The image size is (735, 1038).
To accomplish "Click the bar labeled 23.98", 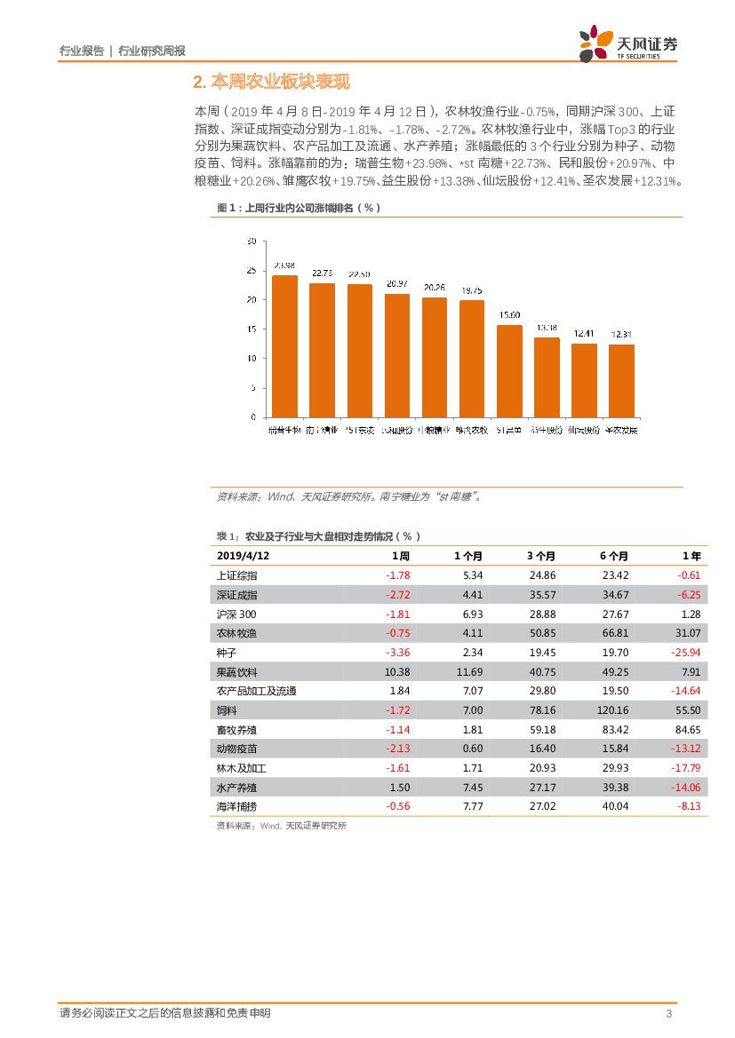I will point(284,345).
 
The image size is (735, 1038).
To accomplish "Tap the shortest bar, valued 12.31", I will point(621,380).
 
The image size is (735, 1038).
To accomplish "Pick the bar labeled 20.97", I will point(396,354).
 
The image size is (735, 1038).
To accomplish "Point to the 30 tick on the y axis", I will point(252,242).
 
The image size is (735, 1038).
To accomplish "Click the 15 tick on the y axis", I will point(252,329).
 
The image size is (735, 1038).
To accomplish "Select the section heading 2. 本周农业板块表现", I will point(271,83).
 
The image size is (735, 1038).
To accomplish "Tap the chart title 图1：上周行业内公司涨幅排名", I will point(299,208).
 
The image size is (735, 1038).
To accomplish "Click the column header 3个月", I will point(540,555).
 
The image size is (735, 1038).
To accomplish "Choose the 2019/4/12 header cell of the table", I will point(243,555).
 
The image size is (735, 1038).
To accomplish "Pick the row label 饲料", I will point(227,710).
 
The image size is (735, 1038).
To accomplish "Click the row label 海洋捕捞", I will point(236,806).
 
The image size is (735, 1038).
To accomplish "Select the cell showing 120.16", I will point(612,710).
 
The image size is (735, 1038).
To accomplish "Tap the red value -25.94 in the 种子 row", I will point(685,652).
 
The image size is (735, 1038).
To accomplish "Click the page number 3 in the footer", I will point(667,1014).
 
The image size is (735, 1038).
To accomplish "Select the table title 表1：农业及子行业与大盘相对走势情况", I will point(318,535).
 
